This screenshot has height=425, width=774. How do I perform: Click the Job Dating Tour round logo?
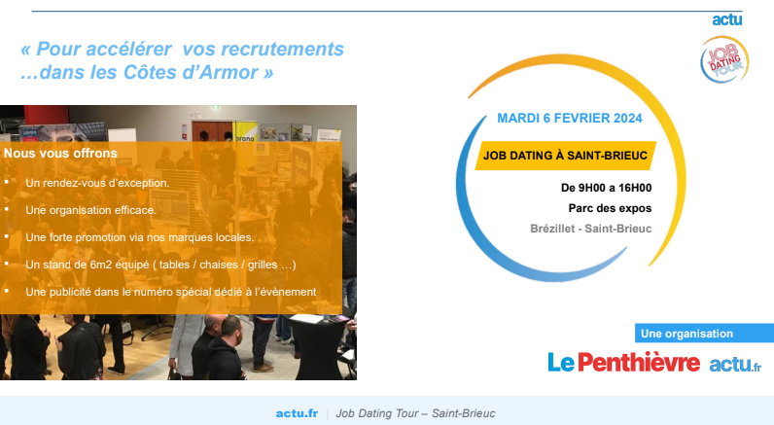(724, 58)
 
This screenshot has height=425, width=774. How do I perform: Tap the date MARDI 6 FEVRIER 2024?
(569, 119)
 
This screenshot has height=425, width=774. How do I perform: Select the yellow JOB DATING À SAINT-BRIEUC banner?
(565, 156)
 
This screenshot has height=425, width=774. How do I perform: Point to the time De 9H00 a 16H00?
(606, 188)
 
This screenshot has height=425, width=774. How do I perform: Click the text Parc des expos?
(610, 208)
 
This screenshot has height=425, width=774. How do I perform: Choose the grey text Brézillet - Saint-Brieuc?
(591, 229)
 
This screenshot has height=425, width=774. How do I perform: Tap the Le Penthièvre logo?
(623, 363)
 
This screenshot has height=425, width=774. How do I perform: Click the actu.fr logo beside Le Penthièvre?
(735, 365)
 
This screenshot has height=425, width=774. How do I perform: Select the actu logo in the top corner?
(727, 19)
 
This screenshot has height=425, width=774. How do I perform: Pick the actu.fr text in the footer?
(297, 413)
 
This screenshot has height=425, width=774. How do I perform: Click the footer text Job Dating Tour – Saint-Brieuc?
(415, 413)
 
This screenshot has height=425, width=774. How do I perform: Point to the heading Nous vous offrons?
(60, 153)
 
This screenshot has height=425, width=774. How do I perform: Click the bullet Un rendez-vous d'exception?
(97, 183)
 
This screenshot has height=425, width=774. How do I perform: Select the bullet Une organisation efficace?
(90, 210)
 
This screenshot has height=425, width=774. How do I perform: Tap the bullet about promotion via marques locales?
(140, 237)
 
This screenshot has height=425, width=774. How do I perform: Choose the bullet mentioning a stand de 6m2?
(160, 265)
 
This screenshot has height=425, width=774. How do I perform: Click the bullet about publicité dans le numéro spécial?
(171, 292)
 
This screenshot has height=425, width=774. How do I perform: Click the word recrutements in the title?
(282, 49)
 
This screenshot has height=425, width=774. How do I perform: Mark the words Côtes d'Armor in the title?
(191, 72)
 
